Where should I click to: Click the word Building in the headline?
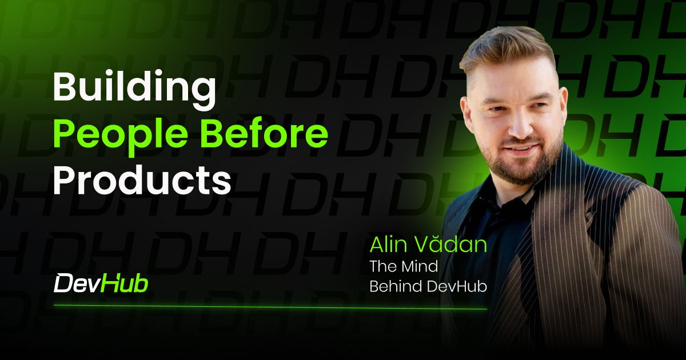pos(134,90)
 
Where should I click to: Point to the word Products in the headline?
pos(142,180)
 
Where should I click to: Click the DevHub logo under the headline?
pos(101,284)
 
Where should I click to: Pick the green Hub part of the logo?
pos(125,284)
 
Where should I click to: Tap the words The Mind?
pos(404,266)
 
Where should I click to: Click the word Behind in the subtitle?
pos(396,286)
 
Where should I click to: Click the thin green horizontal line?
pos(270,307)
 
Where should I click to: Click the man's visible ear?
pos(563,108)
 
